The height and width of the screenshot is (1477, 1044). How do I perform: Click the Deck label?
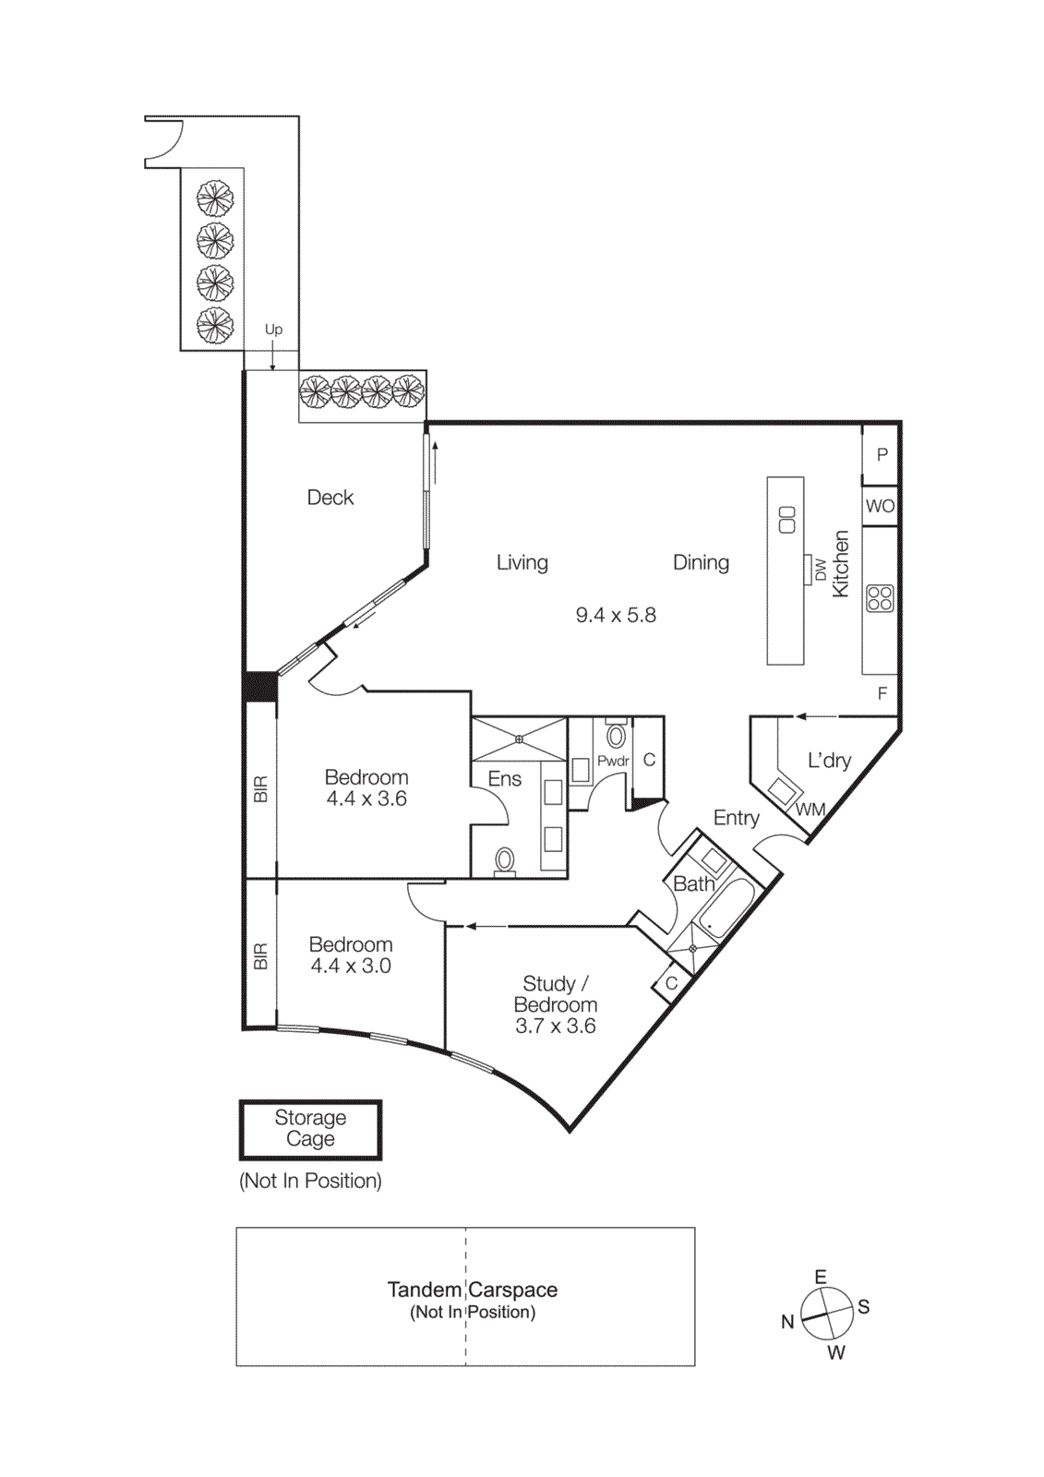pyautogui.click(x=330, y=498)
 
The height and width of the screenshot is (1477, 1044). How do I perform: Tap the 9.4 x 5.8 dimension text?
pyautogui.click(x=616, y=615)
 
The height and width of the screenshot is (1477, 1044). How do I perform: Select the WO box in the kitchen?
pyautogui.click(x=880, y=506)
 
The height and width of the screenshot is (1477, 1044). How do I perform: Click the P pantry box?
pyautogui.click(x=882, y=454)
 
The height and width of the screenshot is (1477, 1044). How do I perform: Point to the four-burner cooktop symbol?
pyautogui.click(x=880, y=598)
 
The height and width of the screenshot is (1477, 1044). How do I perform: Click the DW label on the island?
pyautogui.click(x=820, y=570)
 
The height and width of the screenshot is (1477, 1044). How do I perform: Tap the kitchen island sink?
pyautogui.click(x=786, y=520)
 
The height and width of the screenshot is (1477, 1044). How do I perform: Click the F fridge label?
pyautogui.click(x=882, y=693)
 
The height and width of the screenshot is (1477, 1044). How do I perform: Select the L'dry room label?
pyautogui.click(x=829, y=761)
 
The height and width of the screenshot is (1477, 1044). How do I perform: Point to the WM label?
pyautogui.click(x=810, y=810)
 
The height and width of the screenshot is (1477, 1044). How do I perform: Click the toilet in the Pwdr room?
pyautogui.click(x=616, y=736)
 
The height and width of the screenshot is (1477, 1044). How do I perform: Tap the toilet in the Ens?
pyautogui.click(x=504, y=860)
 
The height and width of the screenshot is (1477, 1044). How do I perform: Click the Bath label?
pyautogui.click(x=693, y=884)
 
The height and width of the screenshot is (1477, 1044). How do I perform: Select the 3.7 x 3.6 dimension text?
pyautogui.click(x=555, y=1026)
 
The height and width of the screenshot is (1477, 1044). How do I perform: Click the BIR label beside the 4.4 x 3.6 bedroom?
pyautogui.click(x=260, y=789)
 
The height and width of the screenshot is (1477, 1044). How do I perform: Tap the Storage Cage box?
pyautogui.click(x=310, y=1128)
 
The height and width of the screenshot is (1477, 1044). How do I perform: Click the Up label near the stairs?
pyautogui.click(x=273, y=330)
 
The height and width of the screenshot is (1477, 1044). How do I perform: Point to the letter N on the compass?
pyautogui.click(x=787, y=1322)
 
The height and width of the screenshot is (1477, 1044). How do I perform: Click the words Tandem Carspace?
pyautogui.click(x=472, y=1290)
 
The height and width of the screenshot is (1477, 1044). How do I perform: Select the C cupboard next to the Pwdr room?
pyautogui.click(x=649, y=760)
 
